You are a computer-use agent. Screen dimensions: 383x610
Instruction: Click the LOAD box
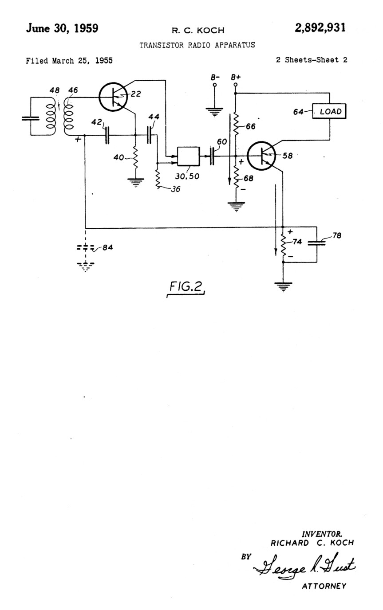(x=329, y=111)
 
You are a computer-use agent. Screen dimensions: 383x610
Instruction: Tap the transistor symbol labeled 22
(x=113, y=97)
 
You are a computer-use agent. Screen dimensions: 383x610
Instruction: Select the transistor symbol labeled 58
(x=261, y=156)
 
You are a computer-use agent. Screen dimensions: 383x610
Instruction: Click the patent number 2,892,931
(x=320, y=28)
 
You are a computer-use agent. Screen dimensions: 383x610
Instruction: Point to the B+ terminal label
(x=236, y=77)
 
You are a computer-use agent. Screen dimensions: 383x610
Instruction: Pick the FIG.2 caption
(x=186, y=287)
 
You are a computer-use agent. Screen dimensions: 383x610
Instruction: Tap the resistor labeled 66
(x=236, y=124)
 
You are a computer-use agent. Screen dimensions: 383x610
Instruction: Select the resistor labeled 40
(x=135, y=157)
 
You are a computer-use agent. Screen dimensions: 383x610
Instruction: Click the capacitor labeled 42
(x=107, y=135)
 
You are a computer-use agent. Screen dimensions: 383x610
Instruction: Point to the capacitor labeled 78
(x=316, y=243)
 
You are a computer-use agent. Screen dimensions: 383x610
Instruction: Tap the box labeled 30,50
(x=189, y=156)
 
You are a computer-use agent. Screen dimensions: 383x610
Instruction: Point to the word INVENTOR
(x=322, y=534)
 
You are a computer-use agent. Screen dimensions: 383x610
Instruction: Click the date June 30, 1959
(x=62, y=28)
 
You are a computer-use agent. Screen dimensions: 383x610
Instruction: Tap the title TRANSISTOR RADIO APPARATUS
(x=197, y=45)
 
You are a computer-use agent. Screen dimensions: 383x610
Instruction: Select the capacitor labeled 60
(x=212, y=156)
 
